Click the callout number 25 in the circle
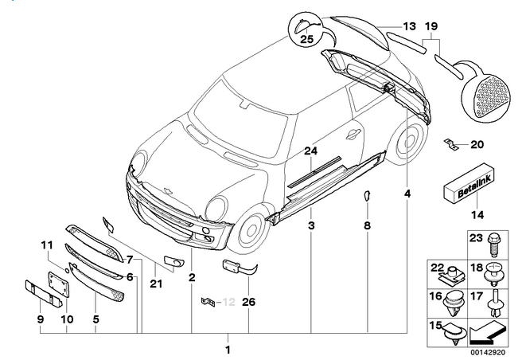coord(306,39)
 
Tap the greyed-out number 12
coord(229,302)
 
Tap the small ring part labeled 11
coord(67,271)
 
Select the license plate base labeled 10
coord(58,284)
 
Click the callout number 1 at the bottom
coord(228,350)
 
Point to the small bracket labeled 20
coord(450,143)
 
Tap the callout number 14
coord(477,214)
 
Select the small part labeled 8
coord(367,195)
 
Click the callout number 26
coord(248,302)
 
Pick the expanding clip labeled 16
coord(454,303)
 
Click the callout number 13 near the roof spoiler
coord(409,26)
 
